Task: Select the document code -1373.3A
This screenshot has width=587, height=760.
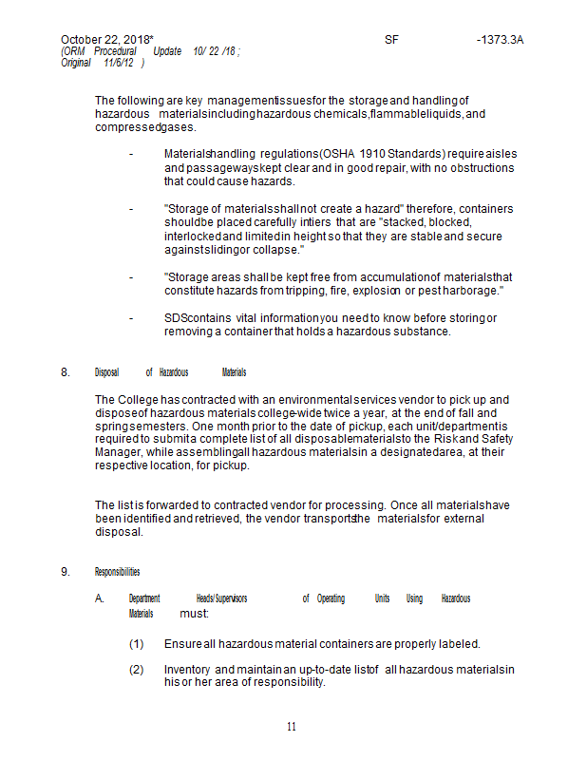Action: pos(500,40)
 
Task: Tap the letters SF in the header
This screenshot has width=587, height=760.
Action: pos(392,40)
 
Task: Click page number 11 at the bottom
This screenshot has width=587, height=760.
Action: pos(292,728)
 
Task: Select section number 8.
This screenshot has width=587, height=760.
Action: pos(66,372)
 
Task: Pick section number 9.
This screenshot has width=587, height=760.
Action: pos(66,572)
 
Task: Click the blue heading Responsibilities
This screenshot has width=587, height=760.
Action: pos(117,572)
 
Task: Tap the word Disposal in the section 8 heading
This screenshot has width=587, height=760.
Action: pos(107,372)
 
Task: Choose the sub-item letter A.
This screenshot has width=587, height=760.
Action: pos(99,598)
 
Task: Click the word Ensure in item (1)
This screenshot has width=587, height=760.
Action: pos(181,643)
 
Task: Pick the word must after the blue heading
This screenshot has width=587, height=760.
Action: pos(194,615)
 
